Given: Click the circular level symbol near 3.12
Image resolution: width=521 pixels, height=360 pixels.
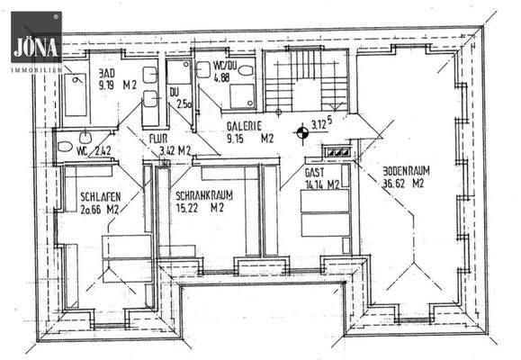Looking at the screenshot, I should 302,133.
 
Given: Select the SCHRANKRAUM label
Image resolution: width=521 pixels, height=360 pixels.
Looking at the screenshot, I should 199,193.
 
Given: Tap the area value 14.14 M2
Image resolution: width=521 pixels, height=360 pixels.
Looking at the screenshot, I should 321,184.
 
